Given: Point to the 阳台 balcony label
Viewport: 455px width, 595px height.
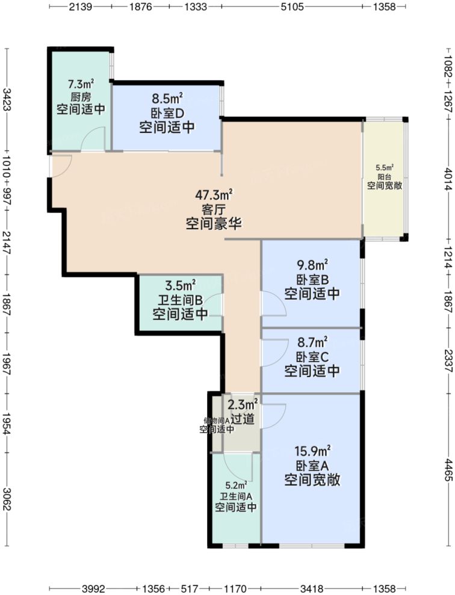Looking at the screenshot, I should click(385, 177).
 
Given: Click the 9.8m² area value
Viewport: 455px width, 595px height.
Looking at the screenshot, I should click(312, 265).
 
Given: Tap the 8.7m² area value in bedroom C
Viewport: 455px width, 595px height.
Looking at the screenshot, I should click(312, 342).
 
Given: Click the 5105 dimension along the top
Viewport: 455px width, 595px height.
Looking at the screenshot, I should click(292, 7).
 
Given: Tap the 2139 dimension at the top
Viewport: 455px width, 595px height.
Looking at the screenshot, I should click(81, 7).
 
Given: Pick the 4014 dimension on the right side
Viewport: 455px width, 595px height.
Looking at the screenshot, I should click(448, 179).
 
